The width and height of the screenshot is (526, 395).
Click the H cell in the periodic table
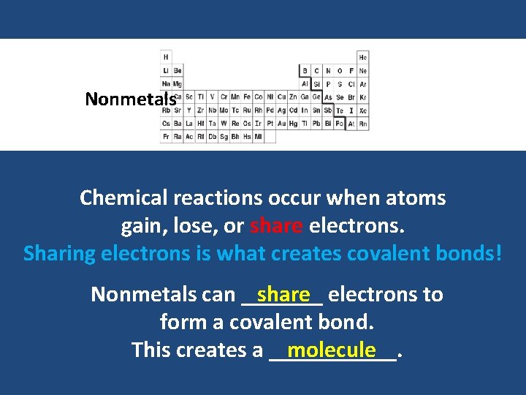pos(166,57)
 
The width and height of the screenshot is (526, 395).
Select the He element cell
pos(363,57)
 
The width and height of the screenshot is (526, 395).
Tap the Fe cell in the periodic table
pos(248,97)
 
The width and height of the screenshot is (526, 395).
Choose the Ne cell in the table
pos(363,71)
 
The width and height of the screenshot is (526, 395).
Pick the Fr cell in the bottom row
pos(166,137)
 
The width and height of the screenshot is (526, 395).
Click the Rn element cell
pos(363,124)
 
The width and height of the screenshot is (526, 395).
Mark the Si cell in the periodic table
pos(316,84)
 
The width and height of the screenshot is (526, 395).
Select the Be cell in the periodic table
pos(178,71)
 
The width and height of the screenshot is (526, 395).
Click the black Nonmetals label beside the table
pos(131,99)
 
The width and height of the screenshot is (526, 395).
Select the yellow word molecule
pos(331,350)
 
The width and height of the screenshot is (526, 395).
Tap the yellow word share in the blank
pos(283,294)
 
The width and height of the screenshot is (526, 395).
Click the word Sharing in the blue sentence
pos(59,254)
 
